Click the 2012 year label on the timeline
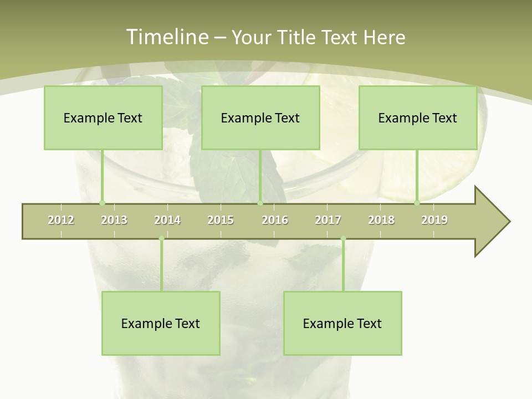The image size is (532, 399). coord(61,220)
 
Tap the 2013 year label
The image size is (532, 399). coord(114,220)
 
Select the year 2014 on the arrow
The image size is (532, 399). coord(167,220)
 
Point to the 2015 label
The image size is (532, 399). coord(221,220)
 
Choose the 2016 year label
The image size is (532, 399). coord(275,220)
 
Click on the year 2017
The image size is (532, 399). coord(328,220)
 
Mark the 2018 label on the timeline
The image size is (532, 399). coord(381,220)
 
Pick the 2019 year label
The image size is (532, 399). coord(434,220)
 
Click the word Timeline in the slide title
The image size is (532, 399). coord(166,37)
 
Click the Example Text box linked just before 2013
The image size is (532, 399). coord(103,117)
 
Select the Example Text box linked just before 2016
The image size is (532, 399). coord(260,117)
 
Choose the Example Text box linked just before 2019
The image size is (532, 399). coord(418,117)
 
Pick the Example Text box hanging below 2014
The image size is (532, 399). coord(161,323)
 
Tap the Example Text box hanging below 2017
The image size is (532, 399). coord(342,323)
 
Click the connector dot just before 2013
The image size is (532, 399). coord(102,203)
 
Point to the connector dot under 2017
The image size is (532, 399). coord(343,239)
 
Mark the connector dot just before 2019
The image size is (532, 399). coord(417,203)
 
